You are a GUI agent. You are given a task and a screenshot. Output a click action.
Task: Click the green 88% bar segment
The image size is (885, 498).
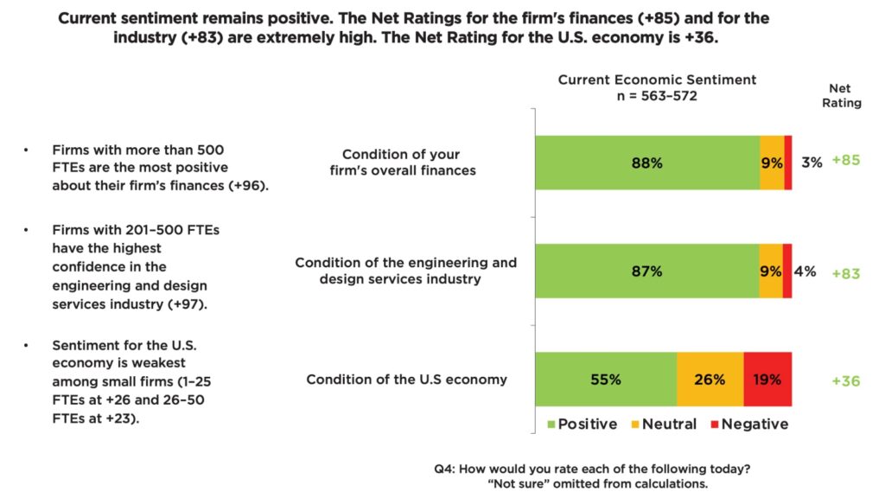click(x=646, y=163)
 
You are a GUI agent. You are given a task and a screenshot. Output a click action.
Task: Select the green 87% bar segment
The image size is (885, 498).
click(x=646, y=271)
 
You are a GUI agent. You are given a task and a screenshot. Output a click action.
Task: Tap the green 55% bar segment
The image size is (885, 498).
click(x=606, y=380)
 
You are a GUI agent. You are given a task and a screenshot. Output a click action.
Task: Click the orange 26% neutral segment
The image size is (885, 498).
click(x=710, y=380)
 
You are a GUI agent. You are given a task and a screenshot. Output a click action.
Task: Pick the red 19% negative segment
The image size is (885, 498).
click(x=767, y=380)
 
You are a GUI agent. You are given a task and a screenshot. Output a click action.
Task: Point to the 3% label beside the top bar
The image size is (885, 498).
click(x=811, y=162)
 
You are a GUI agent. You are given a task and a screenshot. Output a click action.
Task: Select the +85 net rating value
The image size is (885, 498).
click(x=845, y=160)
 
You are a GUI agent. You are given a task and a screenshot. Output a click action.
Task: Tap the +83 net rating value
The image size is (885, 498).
click(x=845, y=272)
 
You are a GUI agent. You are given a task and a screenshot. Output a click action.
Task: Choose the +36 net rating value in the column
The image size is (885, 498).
click(x=845, y=380)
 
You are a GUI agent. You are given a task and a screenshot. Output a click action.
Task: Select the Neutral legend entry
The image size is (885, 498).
click(x=664, y=425)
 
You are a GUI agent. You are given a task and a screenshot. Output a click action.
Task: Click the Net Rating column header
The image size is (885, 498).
click(x=844, y=95)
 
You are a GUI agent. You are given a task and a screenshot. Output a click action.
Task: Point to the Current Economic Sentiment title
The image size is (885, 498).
click(x=657, y=80)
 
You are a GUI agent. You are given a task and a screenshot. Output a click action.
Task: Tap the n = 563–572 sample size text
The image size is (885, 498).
click(x=657, y=96)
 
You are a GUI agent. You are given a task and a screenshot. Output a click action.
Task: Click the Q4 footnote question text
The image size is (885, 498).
click(x=592, y=469)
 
